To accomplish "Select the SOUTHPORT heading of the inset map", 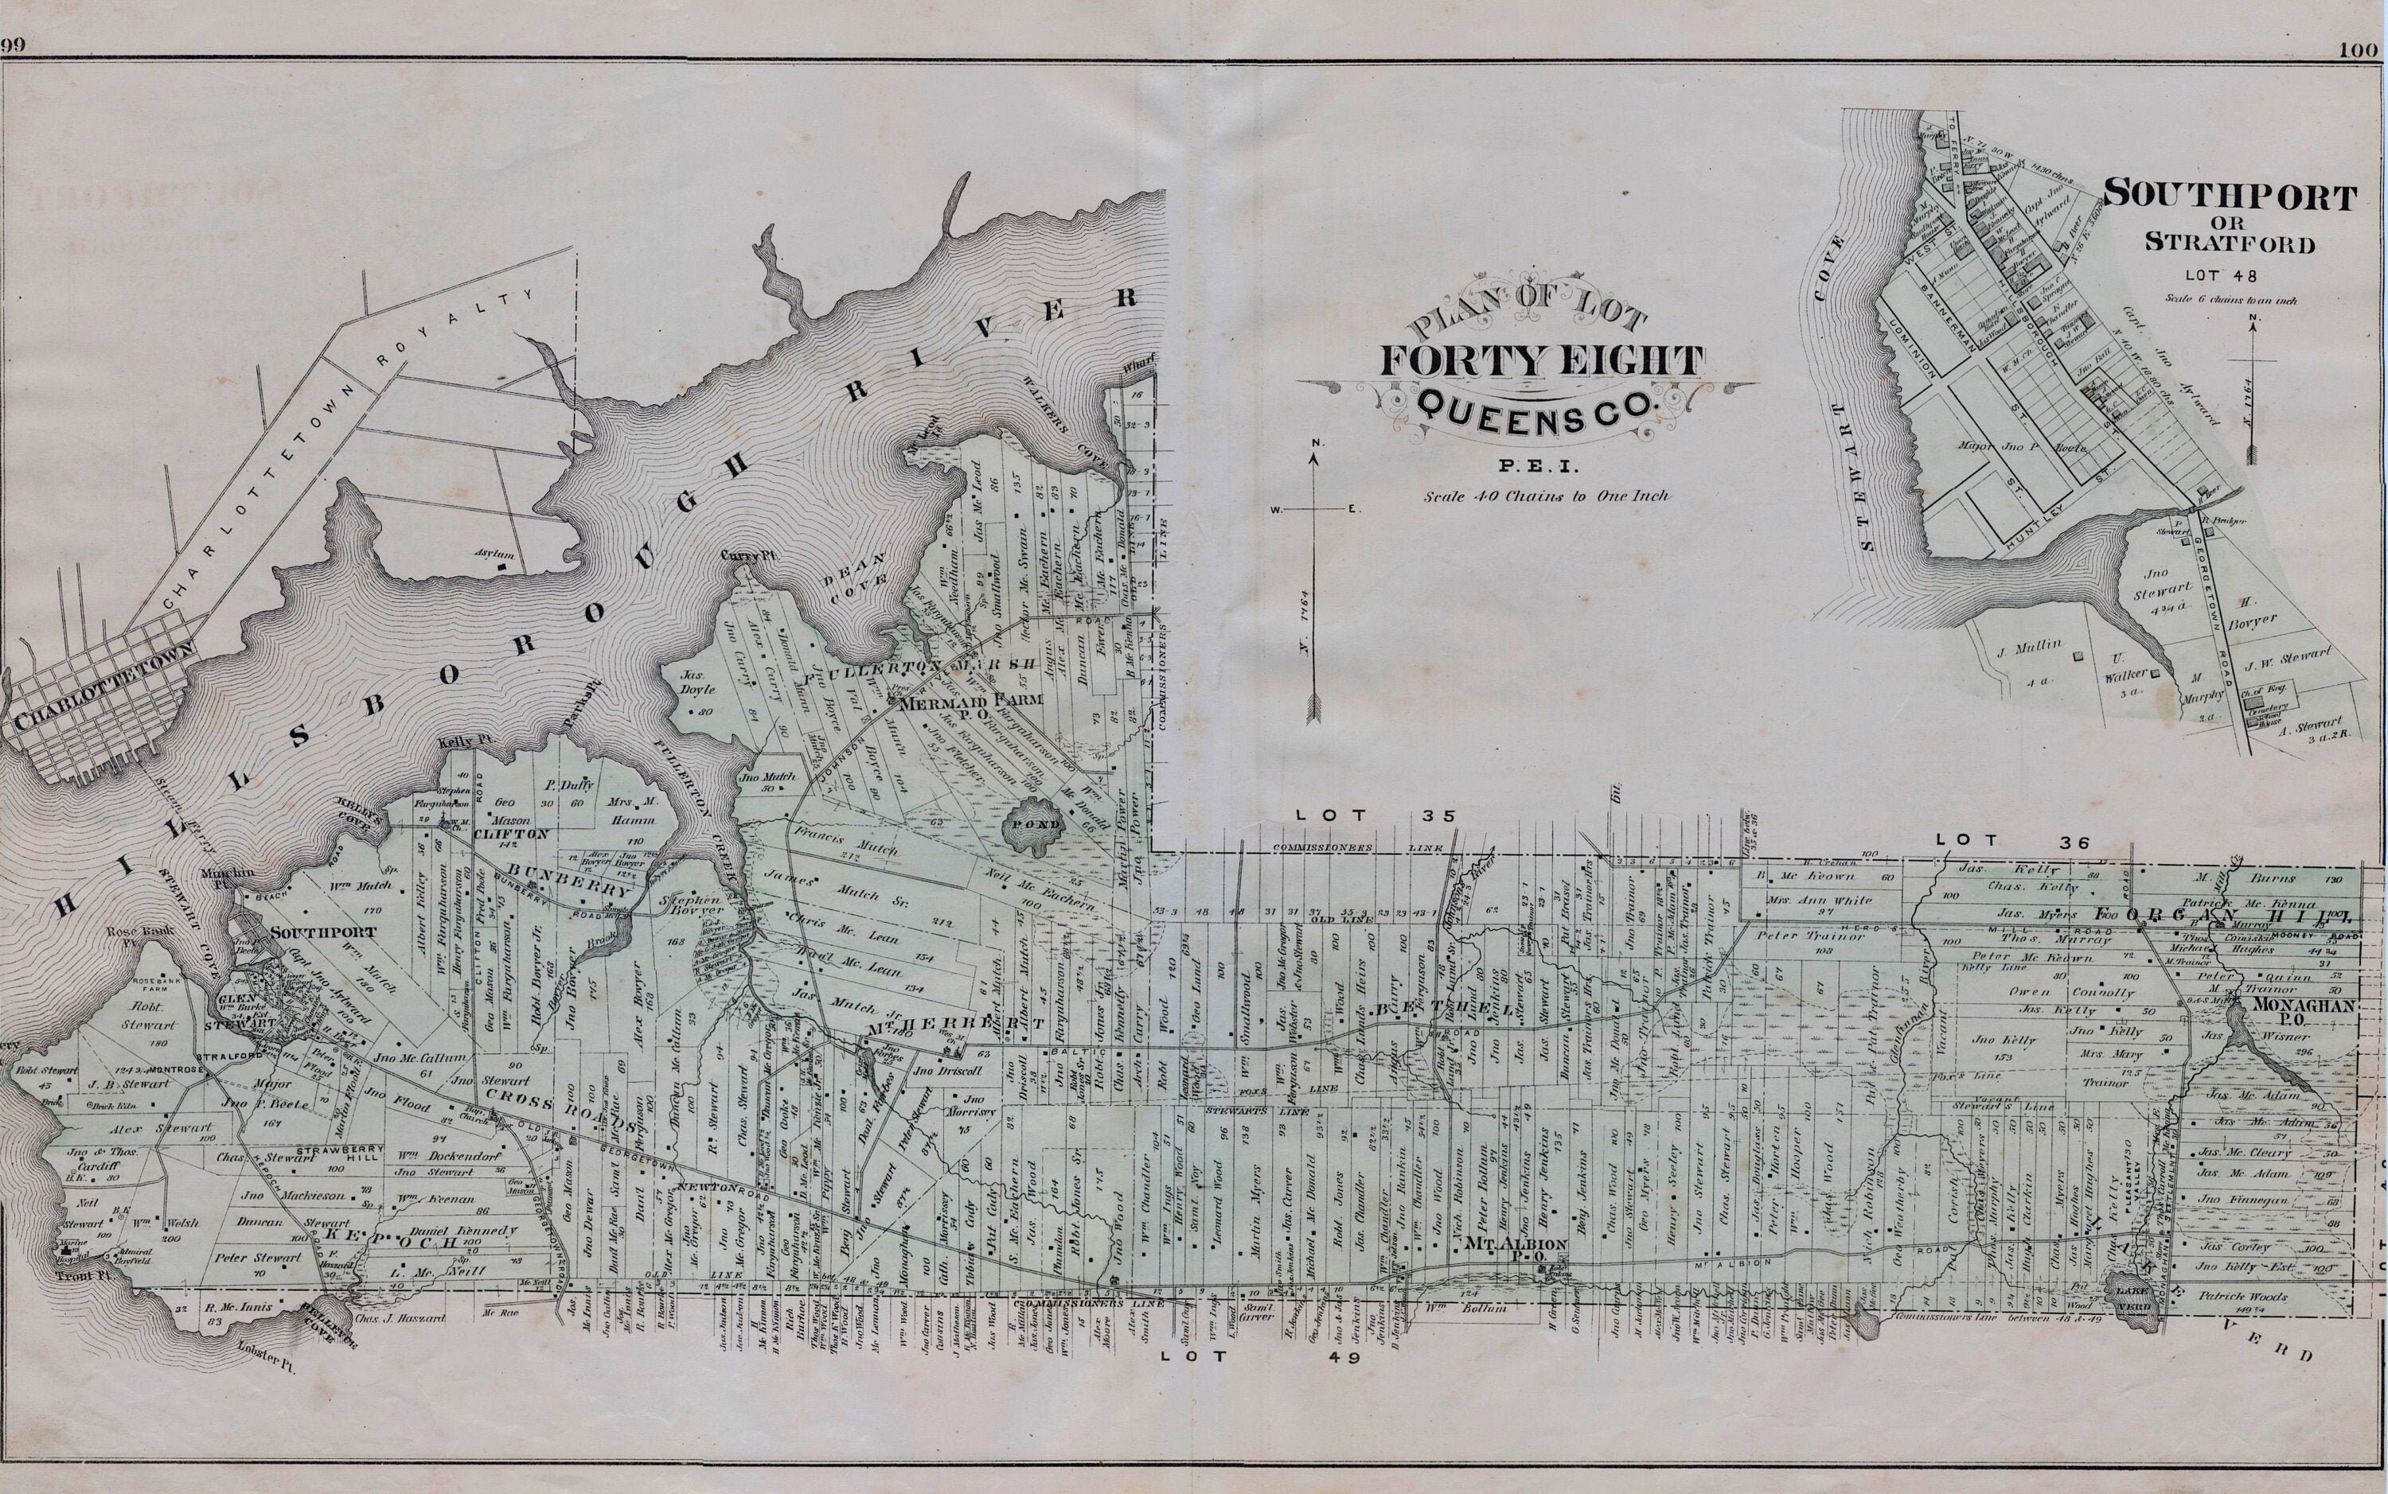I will click(x=2229, y=196).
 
